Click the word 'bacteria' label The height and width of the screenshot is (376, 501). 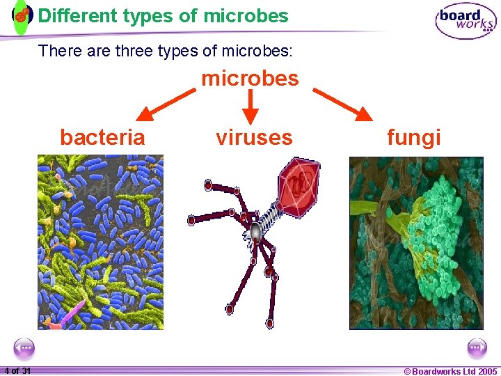102,137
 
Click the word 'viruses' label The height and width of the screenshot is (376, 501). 254,137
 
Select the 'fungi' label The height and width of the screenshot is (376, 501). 414,137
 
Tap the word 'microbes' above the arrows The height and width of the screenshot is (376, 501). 250,78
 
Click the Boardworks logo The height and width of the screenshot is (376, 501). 466,21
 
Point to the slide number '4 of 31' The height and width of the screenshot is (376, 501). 17,370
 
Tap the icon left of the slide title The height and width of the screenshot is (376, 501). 22,15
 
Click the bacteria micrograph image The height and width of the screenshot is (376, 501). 100,242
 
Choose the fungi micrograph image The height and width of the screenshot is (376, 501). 415,242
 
